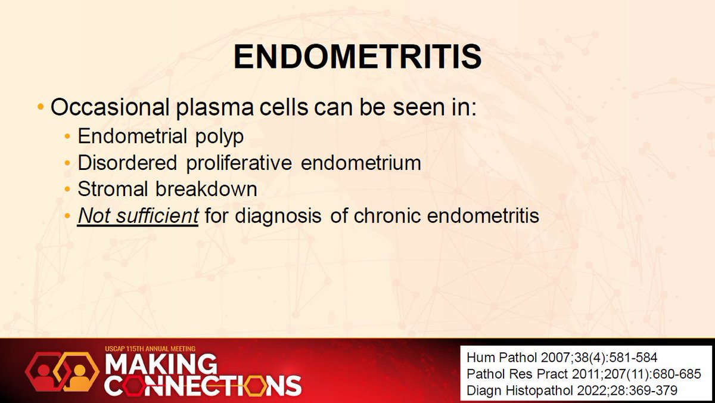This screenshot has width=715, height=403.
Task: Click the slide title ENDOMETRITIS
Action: coord(357,58)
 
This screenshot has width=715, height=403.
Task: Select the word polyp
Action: coord(222,137)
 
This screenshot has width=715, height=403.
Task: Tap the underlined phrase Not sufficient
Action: coord(138,216)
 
